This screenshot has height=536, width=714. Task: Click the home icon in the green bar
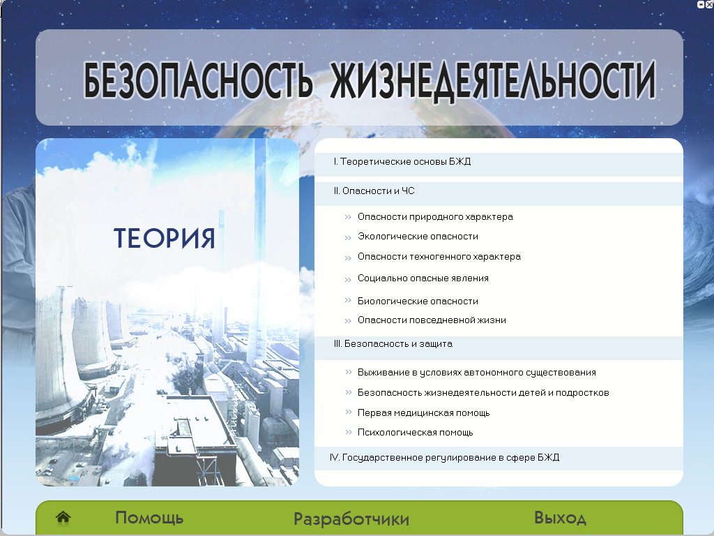pos(63,517)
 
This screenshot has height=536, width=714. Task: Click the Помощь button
pos(149,518)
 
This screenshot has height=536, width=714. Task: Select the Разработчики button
pos(351,519)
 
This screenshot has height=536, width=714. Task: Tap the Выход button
pos(560,518)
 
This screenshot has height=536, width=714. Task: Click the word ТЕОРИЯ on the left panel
pos(164,238)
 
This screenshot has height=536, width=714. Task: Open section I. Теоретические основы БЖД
pos(402,161)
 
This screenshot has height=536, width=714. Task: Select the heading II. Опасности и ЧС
pos(374,191)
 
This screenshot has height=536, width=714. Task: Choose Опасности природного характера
pos(435,217)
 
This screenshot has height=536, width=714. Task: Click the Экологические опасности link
pos(418,237)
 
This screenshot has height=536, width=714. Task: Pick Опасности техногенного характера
pos(439,257)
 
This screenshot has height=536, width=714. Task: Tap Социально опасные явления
pos(423,278)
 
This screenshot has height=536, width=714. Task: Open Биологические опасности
pos(418,301)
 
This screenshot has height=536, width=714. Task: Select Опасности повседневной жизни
pos(432,320)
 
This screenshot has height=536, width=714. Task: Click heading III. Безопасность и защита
pos(393,343)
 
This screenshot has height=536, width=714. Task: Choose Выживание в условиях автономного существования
pos(477,373)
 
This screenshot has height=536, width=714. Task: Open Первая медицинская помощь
pos(423,413)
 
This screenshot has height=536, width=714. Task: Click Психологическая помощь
pos(416,433)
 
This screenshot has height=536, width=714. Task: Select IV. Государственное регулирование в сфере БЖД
pos(444,457)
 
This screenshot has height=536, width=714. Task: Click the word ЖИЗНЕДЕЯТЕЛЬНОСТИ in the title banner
pos(493,81)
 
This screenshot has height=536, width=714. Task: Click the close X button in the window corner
pos(709,5)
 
